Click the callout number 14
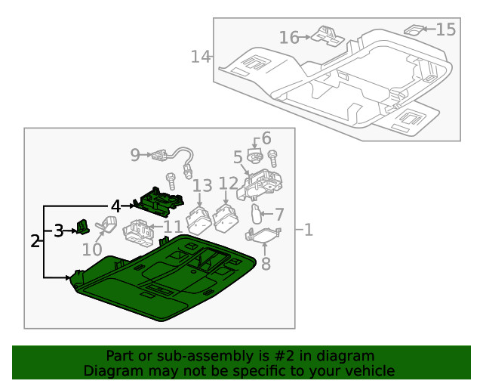200,56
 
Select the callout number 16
289,37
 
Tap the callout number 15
446,29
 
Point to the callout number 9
135,155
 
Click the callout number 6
266,139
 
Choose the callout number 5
238,157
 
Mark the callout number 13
202,186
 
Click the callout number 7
278,215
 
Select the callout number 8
265,264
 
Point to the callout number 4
115,206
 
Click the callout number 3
58,231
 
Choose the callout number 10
92,249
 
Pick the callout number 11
173,227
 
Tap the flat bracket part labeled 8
265,235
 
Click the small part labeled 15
414,30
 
